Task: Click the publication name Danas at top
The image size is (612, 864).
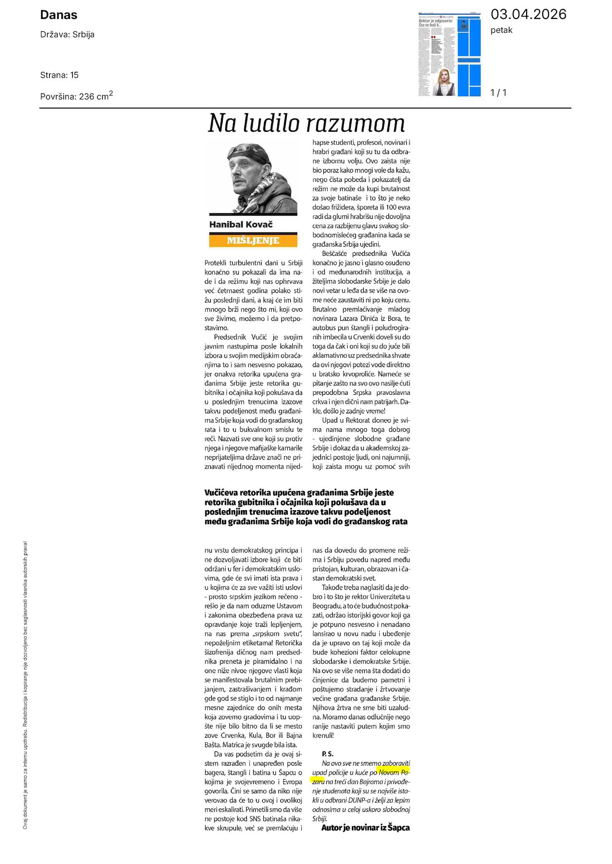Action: tap(59, 15)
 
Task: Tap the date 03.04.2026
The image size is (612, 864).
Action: tap(528, 14)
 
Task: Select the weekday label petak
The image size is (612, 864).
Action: tap(501, 30)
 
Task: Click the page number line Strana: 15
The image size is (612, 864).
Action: tap(59, 75)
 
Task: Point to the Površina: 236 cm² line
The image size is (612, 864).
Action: tap(76, 96)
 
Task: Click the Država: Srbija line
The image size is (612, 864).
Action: tap(67, 35)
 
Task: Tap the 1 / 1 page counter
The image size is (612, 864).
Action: tap(499, 92)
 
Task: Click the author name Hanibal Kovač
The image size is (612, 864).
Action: tap(241, 224)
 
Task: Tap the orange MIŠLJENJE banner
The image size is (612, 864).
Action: tap(253, 241)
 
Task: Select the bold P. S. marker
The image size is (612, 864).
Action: tap(328, 753)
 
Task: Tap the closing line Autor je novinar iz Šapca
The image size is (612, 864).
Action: tap(365, 828)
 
